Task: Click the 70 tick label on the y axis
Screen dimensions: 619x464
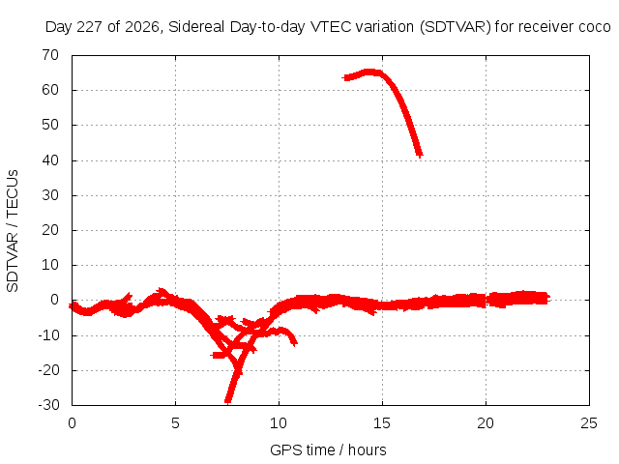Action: [x=50, y=55]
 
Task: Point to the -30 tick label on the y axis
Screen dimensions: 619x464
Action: [x=48, y=405]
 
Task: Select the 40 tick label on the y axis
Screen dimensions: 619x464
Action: [x=50, y=160]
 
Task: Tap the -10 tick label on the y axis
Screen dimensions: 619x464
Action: [x=48, y=335]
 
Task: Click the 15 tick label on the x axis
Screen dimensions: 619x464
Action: [x=382, y=423]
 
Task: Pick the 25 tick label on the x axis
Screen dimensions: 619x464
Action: [x=589, y=423]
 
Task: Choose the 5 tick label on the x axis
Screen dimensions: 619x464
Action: [x=175, y=423]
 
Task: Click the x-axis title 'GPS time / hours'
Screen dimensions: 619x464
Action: [x=328, y=449]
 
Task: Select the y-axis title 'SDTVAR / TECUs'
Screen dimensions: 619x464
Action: [x=13, y=231]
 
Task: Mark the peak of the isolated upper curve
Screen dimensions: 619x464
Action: [x=369, y=72]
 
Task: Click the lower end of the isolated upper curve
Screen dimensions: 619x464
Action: [x=420, y=156]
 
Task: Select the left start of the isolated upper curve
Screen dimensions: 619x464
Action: [x=345, y=77]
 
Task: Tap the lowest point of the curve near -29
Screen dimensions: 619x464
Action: [x=228, y=401]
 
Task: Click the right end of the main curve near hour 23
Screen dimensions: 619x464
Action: [x=548, y=299]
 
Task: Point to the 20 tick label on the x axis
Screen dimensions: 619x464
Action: [x=486, y=423]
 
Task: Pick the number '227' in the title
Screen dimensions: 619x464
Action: [x=90, y=27]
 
